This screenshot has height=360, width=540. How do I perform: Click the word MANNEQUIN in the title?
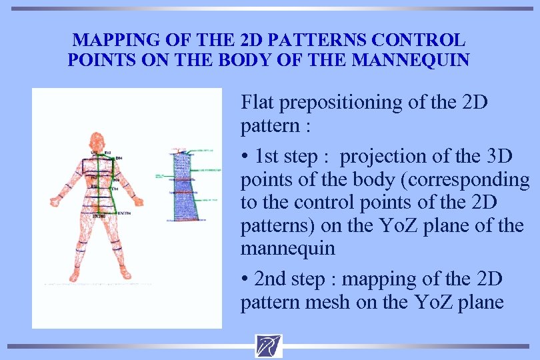pos(410,61)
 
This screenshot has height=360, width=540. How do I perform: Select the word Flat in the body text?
pos(258,103)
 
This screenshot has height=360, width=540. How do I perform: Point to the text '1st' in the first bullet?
pos(269,156)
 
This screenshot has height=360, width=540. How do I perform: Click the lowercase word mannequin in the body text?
pos(288,249)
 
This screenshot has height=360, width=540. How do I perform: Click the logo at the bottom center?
pos(268,346)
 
